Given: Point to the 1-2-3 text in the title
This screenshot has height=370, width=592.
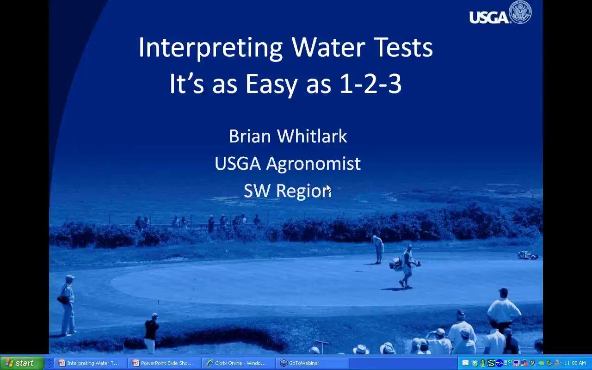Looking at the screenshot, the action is (x=370, y=83).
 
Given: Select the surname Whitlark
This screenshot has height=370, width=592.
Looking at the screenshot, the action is (x=312, y=136).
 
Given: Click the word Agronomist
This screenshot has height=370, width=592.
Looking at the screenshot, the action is (x=313, y=164).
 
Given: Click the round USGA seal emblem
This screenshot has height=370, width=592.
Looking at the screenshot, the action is (x=520, y=12).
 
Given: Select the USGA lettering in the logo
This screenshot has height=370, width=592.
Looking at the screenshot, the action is (x=489, y=17).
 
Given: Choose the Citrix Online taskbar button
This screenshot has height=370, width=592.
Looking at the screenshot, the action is (x=238, y=363).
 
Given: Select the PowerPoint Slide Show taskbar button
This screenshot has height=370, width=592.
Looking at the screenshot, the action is (x=164, y=363).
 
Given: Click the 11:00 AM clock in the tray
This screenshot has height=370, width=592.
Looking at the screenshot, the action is (x=575, y=363).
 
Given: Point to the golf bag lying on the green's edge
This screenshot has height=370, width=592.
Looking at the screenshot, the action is (x=528, y=255).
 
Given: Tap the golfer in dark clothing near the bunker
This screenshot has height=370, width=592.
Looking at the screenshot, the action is (x=151, y=333).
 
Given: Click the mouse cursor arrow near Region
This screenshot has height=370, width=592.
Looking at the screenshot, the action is (x=328, y=189).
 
